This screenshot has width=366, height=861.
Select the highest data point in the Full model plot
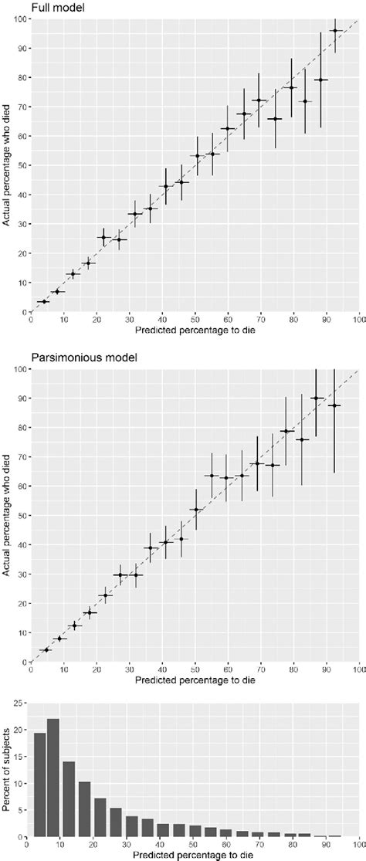[x=335, y=31]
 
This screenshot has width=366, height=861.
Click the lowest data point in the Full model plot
[x=43, y=301]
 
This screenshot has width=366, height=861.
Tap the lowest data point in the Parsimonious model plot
[x=46, y=649]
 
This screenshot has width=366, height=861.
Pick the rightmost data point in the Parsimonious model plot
[x=334, y=405]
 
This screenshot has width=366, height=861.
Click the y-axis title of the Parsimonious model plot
[x=7, y=515]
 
